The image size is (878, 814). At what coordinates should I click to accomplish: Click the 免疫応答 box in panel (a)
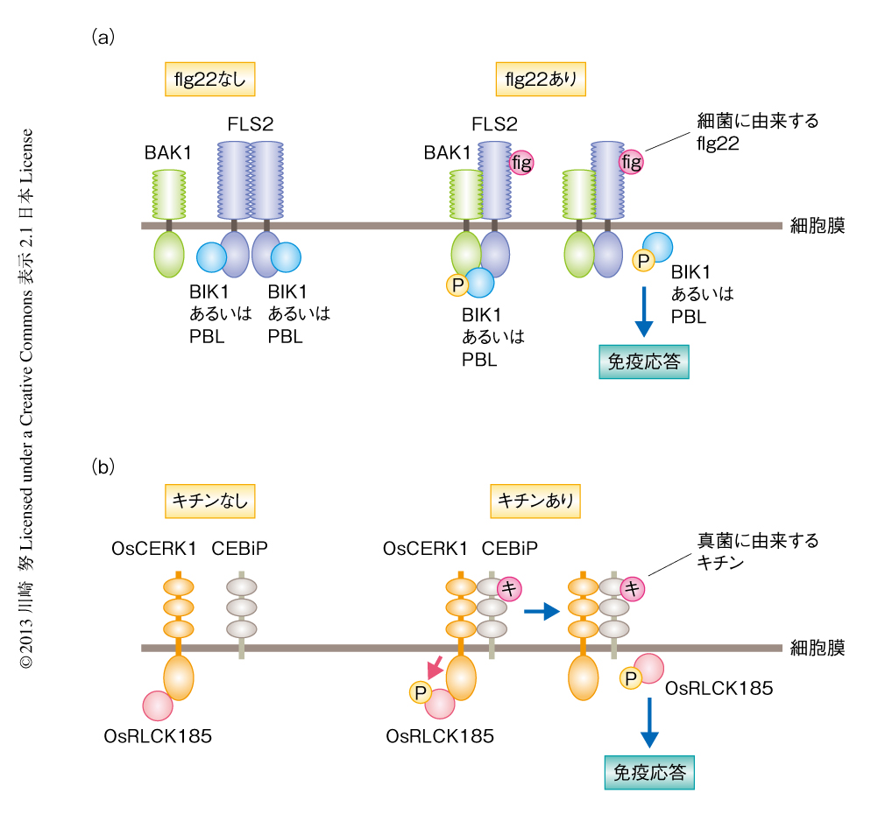643,361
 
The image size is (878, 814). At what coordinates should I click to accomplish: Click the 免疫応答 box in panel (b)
648,771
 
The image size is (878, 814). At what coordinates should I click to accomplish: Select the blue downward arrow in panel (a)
644,310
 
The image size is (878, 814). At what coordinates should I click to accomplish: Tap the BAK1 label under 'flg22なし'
168,152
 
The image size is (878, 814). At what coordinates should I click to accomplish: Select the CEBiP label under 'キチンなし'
239,549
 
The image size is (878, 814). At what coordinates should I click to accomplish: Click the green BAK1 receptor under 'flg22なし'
168,194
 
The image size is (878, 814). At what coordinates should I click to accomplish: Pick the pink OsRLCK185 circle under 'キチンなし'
157,706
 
